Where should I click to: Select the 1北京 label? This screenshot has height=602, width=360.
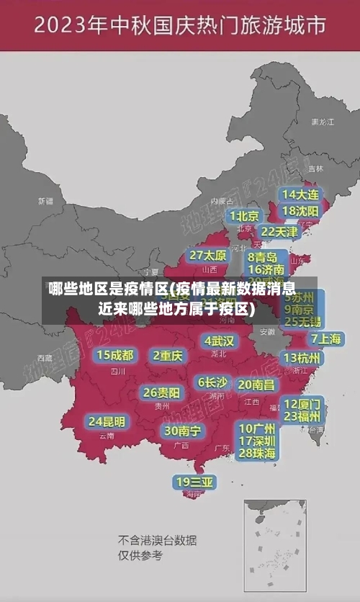tap(244, 215)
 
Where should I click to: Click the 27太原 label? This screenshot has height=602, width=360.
tap(209, 255)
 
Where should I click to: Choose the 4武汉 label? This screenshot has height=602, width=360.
tap(220, 341)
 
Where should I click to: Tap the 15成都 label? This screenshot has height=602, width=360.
tap(115, 354)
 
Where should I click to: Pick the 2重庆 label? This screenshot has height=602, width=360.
tap(168, 355)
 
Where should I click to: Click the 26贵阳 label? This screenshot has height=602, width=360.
tap(161, 392)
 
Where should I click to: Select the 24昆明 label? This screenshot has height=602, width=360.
tap(106, 421)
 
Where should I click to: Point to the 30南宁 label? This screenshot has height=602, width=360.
tap(182, 431)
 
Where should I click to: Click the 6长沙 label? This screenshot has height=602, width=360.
tap(212, 382)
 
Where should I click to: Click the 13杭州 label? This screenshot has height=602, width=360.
tap(302, 357)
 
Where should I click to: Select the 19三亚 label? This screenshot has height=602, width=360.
tap(194, 481)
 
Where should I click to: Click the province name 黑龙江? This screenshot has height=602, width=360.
tap(322, 122)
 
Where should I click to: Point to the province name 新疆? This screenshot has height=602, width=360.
tap(45, 201)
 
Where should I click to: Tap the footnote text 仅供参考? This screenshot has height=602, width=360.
tap(140, 555)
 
